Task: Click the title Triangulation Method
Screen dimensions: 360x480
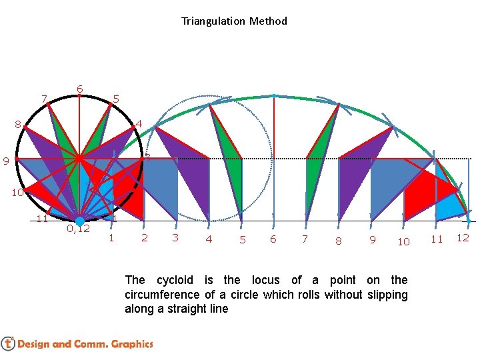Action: pos(234,21)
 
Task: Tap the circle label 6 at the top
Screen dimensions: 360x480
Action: pos(79,89)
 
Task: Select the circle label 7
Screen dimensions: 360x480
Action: pos(44,100)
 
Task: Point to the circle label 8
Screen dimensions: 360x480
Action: pos(18,124)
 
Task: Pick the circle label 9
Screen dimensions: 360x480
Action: pos(5,161)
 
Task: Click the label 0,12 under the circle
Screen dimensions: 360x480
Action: pos(79,229)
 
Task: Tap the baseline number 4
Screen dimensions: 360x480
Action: pos(209,239)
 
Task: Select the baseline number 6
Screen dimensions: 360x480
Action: pos(273,239)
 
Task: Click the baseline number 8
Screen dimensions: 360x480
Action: pos(338,241)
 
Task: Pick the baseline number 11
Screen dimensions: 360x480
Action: pos(436,239)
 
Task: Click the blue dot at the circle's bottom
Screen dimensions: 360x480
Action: pos(79,221)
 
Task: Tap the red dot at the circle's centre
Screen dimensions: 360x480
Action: pos(79,159)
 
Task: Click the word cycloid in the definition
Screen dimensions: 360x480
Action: pos(177,280)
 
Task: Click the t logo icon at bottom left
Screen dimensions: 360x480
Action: pos(8,344)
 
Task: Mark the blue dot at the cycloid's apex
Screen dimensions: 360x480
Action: pos(274,96)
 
